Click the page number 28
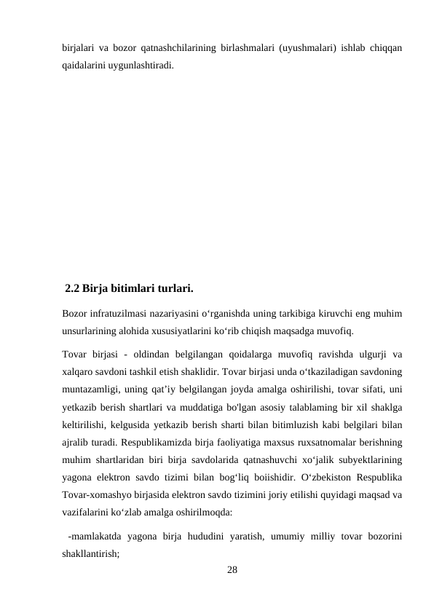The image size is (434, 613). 232,569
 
